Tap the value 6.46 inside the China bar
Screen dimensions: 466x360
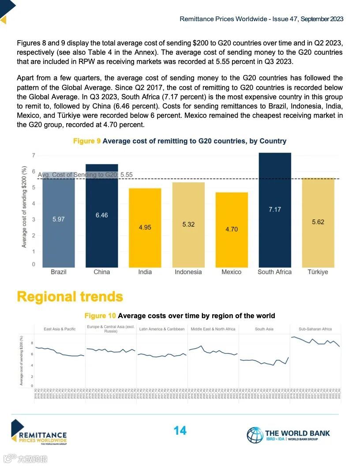pyautogui.click(x=101, y=215)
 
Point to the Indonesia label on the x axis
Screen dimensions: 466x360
pyautogui.click(x=188, y=272)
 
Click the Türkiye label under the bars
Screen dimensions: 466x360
pyautogui.click(x=318, y=272)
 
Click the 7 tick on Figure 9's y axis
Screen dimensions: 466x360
pyautogui.click(x=34, y=155)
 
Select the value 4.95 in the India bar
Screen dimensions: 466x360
pyautogui.click(x=145, y=227)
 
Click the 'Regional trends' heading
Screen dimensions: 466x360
pyautogui.click(x=70, y=297)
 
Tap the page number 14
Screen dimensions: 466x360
pyautogui.click(x=180, y=430)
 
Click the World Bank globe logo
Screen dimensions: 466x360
pyautogui.click(x=255, y=435)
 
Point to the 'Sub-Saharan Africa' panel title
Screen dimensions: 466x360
pyautogui.click(x=315, y=329)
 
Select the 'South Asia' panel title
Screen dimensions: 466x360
pyautogui.click(x=264, y=329)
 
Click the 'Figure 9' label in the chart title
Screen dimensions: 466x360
pyautogui.click(x=87, y=141)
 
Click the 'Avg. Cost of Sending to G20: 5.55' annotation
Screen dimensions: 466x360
pyautogui.click(x=85, y=175)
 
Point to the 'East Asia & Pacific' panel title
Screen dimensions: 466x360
pyautogui.click(x=60, y=329)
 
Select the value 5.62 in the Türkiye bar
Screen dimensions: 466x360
pyautogui.click(x=318, y=222)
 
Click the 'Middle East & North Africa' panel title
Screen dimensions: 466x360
pyautogui.click(x=213, y=329)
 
